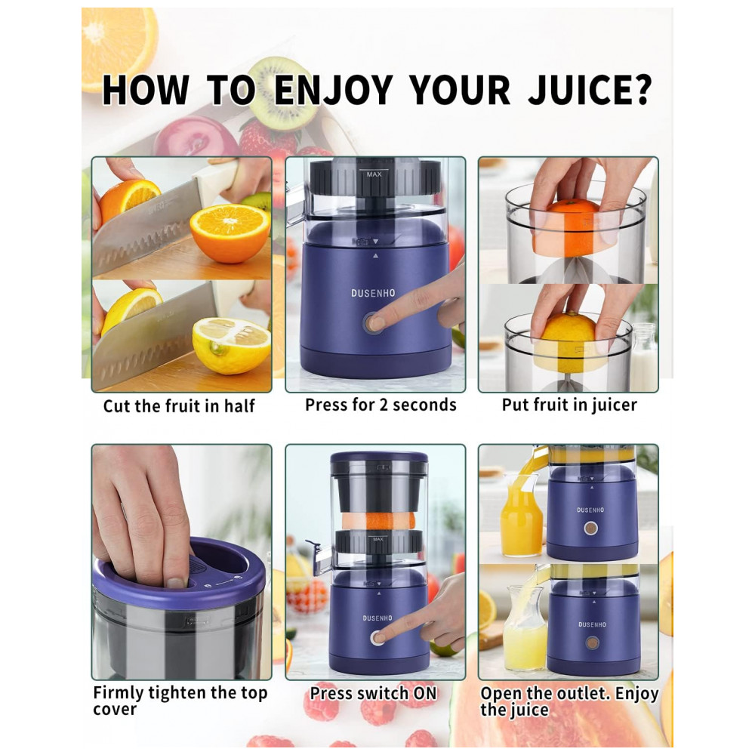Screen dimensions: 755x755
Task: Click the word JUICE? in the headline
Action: (x=590, y=90)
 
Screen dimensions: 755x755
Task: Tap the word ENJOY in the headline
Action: (x=333, y=90)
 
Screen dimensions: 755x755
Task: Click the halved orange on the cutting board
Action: (x=230, y=233)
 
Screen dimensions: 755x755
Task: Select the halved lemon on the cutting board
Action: (x=231, y=345)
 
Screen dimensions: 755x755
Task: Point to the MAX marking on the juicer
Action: (x=374, y=174)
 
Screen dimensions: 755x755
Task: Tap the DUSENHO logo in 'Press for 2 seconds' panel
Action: (x=373, y=293)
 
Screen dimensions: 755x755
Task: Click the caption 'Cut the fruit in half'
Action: (x=179, y=406)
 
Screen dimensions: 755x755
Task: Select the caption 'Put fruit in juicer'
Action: (x=569, y=405)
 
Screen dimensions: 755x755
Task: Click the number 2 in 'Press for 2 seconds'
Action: (x=384, y=405)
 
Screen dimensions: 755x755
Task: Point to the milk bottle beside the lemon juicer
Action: (x=644, y=356)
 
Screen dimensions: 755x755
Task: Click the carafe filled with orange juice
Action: (x=521, y=515)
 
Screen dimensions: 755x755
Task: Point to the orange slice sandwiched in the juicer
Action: (x=378, y=520)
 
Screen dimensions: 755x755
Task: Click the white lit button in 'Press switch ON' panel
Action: (x=377, y=639)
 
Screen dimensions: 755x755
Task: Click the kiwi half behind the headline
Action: (x=283, y=91)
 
